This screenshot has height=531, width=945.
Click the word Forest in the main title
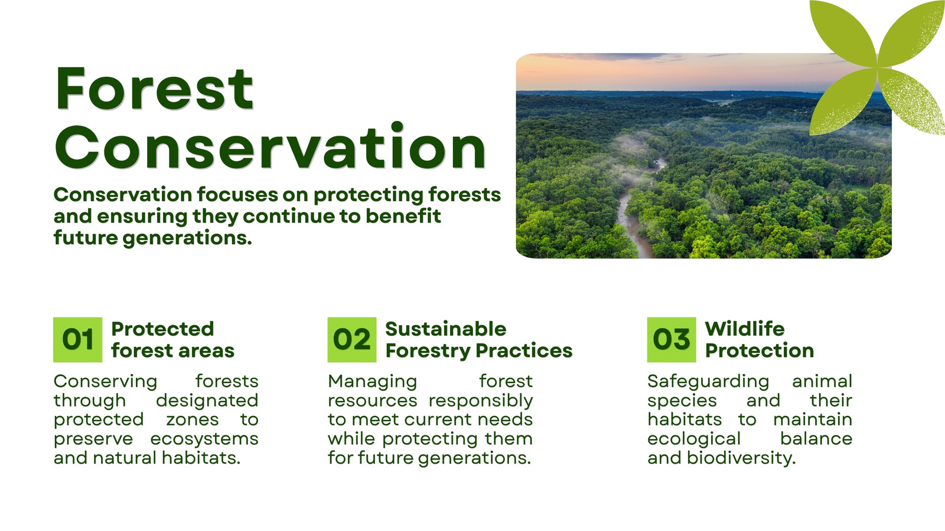(x=154, y=88)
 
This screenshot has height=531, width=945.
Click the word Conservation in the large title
(x=271, y=147)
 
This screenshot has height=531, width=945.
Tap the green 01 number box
(x=77, y=340)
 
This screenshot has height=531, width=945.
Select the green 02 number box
(x=352, y=340)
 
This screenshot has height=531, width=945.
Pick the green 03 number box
(x=672, y=340)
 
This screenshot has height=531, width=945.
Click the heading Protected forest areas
(x=173, y=340)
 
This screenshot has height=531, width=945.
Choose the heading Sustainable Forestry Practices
(x=479, y=340)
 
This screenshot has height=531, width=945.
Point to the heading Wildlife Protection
(x=760, y=340)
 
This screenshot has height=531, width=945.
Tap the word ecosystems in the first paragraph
(x=204, y=439)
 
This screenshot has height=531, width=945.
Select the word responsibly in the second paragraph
(x=481, y=401)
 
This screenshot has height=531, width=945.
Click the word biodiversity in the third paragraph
(x=741, y=458)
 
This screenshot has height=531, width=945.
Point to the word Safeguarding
(x=708, y=382)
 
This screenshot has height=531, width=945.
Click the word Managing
(x=373, y=382)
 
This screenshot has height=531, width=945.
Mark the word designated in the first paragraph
(x=207, y=401)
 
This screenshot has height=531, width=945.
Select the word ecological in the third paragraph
(x=694, y=439)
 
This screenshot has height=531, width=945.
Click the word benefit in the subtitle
(x=403, y=216)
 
